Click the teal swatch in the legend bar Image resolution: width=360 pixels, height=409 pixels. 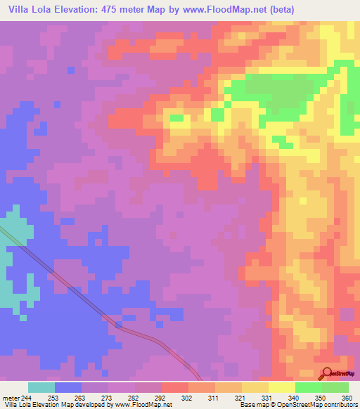[41, 387]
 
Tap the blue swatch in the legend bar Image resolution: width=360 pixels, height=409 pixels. [68, 387]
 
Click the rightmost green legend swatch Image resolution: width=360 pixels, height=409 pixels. [335, 387]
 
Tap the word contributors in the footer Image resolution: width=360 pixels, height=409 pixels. [340, 405]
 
